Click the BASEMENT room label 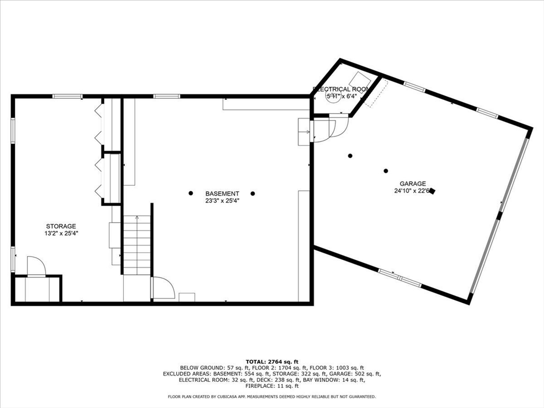(x=222, y=193)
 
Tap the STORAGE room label (x=61, y=226)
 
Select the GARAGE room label (x=413, y=183)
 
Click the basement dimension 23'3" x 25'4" (x=222, y=201)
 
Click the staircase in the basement (x=137, y=244)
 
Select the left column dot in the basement (x=190, y=193)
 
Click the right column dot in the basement (x=253, y=193)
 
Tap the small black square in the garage (x=432, y=191)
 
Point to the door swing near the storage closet (x=36, y=266)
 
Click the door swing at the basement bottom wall (x=163, y=288)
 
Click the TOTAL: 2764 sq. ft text (x=271, y=361)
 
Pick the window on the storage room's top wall (x=67, y=96)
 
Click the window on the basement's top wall (x=166, y=96)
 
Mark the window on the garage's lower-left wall (x=399, y=277)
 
